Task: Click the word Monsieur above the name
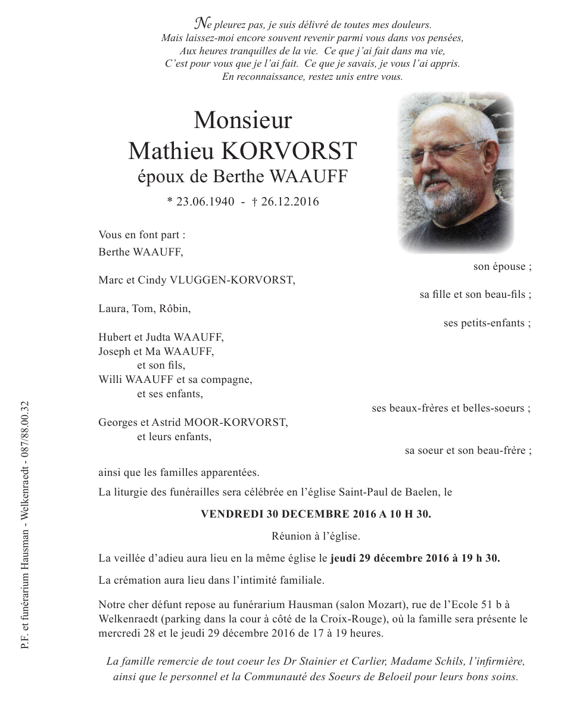pyautogui.click(x=242, y=120)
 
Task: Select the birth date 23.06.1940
pyautogui.click(x=201, y=202)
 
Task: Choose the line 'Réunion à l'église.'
pyautogui.click(x=315, y=536)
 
